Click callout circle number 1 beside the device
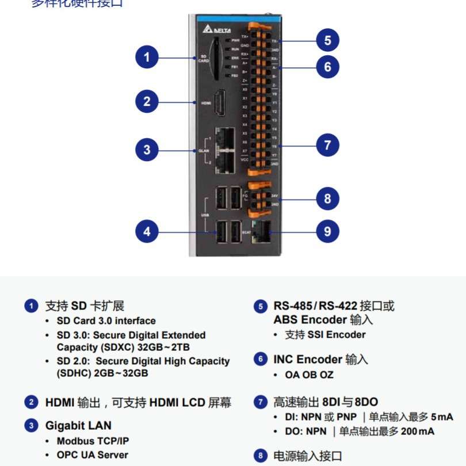point(147,57)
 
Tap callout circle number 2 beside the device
point(147,102)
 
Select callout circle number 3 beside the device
point(147,150)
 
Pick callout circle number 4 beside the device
point(147,231)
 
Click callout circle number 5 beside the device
point(327,40)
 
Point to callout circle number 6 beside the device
point(327,67)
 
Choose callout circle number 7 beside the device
point(327,145)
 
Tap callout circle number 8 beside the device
point(327,199)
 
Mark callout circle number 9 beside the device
point(327,231)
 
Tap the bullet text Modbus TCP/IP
point(93,441)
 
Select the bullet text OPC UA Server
point(92,455)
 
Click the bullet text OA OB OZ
point(309,375)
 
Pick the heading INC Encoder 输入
point(320,360)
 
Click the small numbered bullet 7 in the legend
point(261,402)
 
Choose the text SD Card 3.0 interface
point(106,321)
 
